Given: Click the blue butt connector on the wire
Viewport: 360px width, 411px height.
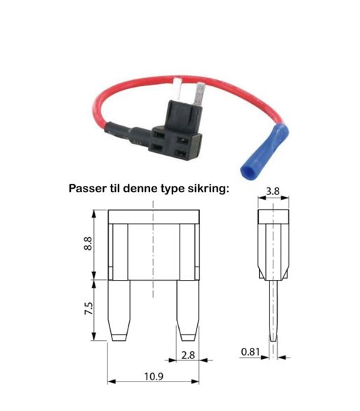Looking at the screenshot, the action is (x=264, y=152).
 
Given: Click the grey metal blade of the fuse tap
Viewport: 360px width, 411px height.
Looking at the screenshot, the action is (x=200, y=95).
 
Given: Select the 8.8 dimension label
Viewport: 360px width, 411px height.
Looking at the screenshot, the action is (x=88, y=244).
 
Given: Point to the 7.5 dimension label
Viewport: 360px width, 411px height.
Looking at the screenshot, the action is (x=88, y=309).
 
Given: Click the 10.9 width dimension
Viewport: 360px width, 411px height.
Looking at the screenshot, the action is (x=154, y=377).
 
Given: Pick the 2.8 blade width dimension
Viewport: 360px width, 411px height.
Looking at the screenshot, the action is (x=188, y=355).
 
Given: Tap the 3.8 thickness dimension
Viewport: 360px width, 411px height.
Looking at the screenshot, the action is (x=273, y=191).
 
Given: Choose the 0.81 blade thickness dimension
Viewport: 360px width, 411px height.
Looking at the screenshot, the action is (x=251, y=352).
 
